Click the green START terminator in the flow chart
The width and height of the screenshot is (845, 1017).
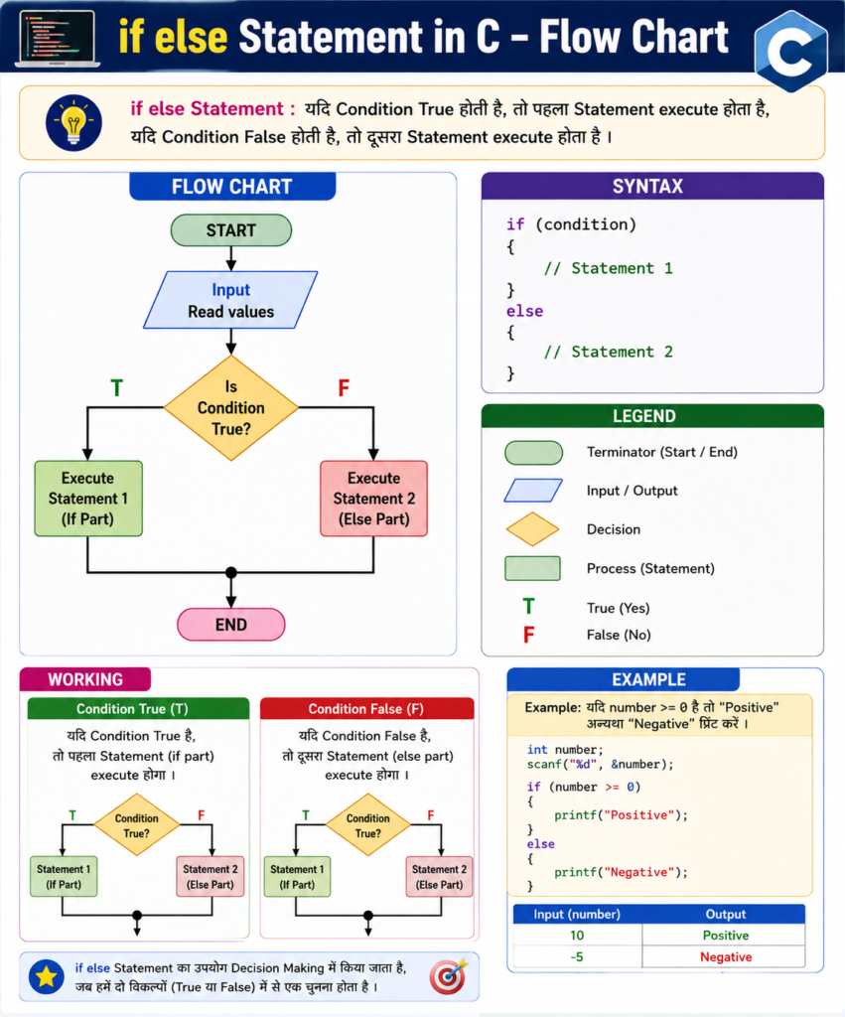[x=231, y=230]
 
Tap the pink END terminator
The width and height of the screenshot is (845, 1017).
[x=231, y=625]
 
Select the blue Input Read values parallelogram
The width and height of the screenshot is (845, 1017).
[x=230, y=300]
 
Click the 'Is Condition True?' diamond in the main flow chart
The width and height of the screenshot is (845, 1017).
[x=231, y=408]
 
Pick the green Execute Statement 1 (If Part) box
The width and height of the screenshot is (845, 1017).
[x=88, y=499]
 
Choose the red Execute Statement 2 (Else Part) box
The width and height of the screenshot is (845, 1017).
[x=373, y=499]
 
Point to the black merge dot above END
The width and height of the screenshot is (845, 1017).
[x=231, y=573]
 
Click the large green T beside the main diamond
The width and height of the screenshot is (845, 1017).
[x=117, y=388]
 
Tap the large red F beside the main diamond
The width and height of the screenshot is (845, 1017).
[x=344, y=388]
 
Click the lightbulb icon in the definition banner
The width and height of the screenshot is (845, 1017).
[x=73, y=122]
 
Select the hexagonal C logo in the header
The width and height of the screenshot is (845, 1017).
[x=791, y=51]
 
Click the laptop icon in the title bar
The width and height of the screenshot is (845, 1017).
[x=57, y=39]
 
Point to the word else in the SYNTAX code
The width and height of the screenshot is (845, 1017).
[x=524, y=311]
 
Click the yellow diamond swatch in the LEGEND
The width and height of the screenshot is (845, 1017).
[x=532, y=529]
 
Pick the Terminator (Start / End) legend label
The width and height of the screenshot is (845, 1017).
[x=662, y=452]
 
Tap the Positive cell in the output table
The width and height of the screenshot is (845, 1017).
[x=725, y=936]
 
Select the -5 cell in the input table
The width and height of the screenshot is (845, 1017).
[x=577, y=957]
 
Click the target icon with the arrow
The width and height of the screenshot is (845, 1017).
[x=449, y=976]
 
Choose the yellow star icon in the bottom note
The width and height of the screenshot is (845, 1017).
[x=46, y=976]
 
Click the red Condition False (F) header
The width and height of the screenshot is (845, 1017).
[x=366, y=709]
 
